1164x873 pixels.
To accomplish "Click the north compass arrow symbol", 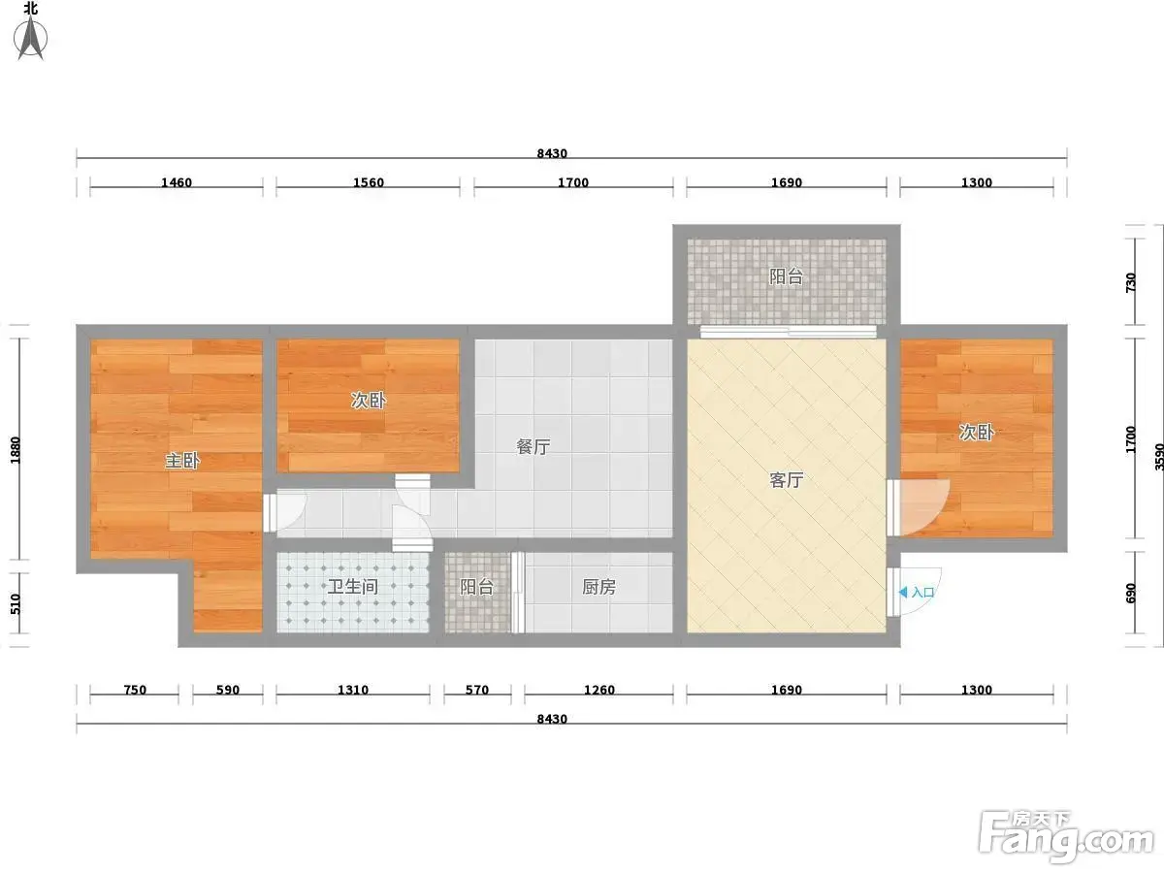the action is click(x=31, y=37).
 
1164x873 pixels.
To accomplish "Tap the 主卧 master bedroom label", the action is click(x=182, y=461).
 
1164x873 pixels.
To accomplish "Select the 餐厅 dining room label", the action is click(x=533, y=447).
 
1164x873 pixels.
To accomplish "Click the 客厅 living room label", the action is click(x=786, y=480).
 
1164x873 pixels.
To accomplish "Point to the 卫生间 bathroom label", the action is click(x=353, y=587).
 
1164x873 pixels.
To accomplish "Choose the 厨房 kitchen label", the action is click(x=598, y=587).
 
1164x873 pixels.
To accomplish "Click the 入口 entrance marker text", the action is click(x=922, y=592).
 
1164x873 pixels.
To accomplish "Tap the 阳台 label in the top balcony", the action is click(x=786, y=276).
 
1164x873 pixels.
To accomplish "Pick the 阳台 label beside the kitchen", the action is click(x=476, y=587).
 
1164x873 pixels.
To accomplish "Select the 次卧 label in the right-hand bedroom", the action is click(x=976, y=433).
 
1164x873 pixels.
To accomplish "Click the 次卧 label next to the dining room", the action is click(x=368, y=401).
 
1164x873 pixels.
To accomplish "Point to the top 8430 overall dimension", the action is click(x=552, y=153).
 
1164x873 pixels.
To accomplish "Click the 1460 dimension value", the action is click(x=177, y=182).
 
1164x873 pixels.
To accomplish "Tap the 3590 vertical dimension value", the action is click(x=1159, y=457).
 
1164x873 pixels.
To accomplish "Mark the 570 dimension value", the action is click(x=476, y=690).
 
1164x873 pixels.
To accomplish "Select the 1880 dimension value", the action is click(x=16, y=450).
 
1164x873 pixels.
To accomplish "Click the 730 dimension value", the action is click(x=1131, y=282).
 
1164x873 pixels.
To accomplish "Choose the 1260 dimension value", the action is click(x=599, y=690).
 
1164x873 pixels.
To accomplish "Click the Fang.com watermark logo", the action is click(x=1066, y=836).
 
